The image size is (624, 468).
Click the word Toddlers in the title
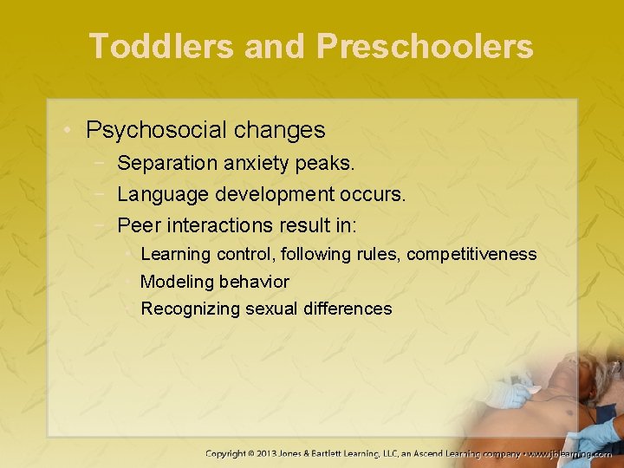click(x=161, y=47)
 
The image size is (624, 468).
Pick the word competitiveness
click(x=471, y=255)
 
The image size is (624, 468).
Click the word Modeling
click(x=177, y=283)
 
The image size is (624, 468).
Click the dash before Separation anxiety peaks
click(x=103, y=163)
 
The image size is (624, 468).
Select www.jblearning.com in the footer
click(x=570, y=453)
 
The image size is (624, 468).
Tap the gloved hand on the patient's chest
click(x=509, y=395)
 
